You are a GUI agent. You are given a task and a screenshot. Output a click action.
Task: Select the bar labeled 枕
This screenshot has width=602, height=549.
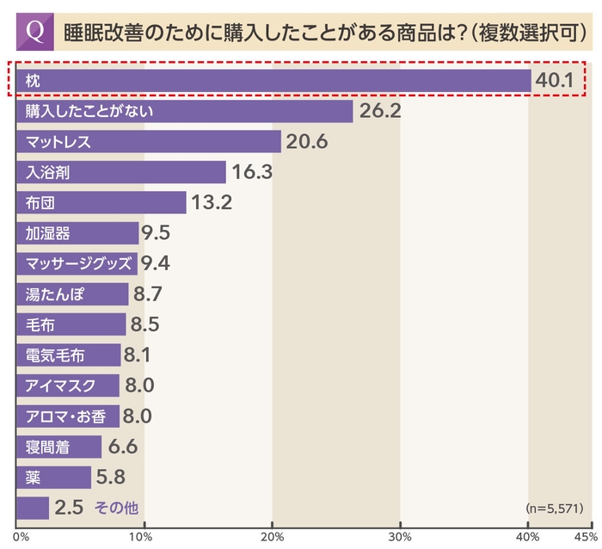pos(273,80)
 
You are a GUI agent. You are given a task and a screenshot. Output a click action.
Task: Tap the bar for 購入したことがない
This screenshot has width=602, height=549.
pos(184,111)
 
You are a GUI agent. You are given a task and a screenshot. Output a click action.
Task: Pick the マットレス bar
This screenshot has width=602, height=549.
pos(148,141)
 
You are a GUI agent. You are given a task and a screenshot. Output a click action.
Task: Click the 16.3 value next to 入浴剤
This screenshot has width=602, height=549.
pos(251,172)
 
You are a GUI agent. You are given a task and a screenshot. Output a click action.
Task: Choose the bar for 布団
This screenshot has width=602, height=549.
pos(101,202)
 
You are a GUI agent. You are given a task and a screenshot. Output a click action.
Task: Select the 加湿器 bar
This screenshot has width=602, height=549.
pos(77,233)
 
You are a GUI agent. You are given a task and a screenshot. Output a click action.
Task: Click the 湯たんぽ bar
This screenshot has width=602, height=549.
pos(71,294)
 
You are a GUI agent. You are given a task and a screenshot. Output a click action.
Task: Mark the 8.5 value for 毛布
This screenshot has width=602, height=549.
pos(144,324)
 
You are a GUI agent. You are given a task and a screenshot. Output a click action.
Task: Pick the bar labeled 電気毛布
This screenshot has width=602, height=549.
pos(69,355)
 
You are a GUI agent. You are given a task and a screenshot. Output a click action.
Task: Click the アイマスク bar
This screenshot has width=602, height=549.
pos(67,386)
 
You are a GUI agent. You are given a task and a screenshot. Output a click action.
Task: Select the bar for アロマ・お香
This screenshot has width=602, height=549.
pos(67,416)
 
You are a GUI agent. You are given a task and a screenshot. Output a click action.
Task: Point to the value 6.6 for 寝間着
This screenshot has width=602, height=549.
pos(121,447)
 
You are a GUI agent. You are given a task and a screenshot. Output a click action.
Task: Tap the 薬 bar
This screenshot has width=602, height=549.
pos(53,478)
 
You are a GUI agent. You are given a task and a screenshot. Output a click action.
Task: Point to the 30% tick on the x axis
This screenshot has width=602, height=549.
pos(400,537)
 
